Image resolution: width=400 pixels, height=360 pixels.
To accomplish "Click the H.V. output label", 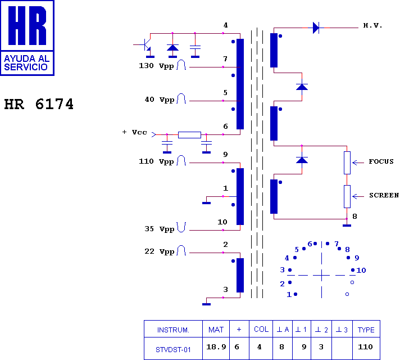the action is click(372, 25).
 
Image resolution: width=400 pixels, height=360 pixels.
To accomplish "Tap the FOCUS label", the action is click(381, 161).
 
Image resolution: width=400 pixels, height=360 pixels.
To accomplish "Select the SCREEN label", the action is click(384, 195).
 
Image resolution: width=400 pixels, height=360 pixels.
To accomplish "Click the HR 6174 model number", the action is click(39, 104).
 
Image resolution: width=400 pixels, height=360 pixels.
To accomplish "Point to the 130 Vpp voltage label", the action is click(156, 66).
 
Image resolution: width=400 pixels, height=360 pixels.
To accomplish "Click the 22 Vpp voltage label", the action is click(160, 251).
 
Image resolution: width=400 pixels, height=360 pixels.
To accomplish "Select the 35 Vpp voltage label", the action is click(160, 229).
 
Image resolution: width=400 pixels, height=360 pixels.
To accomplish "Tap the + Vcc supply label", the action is click(134, 132).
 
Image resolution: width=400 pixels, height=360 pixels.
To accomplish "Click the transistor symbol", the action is click(146, 45).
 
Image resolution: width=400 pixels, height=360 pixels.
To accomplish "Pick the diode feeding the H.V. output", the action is click(316, 28).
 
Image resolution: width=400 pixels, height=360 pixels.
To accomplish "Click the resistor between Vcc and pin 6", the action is click(189, 134).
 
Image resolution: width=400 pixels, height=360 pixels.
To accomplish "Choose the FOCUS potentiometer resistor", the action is click(347, 163).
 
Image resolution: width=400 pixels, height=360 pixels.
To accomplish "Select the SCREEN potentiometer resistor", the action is click(347, 196).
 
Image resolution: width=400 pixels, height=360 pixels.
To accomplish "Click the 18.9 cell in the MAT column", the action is click(216, 346).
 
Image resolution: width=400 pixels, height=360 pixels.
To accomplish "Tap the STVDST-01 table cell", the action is click(173, 349).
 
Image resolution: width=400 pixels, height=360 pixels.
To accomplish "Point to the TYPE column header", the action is click(366, 330).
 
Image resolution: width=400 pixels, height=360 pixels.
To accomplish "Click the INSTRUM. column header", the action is click(173, 330).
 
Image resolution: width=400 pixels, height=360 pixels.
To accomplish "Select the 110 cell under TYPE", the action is click(365, 346).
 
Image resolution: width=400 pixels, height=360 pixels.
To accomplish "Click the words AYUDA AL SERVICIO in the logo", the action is click(27, 63).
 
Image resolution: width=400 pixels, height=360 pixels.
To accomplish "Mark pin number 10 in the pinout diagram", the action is click(361, 270).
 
